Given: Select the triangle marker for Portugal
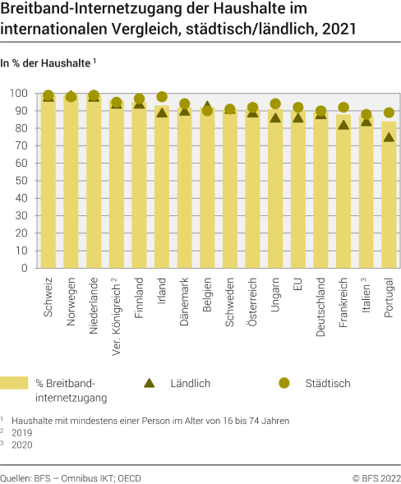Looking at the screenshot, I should click(389, 137).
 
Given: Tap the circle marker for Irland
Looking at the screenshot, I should click(162, 97).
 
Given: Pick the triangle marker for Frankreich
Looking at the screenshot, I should click(343, 124).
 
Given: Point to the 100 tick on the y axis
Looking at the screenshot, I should click(18, 93).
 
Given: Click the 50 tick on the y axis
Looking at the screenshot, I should click(21, 181).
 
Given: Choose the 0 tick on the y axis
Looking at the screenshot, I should click(25, 268).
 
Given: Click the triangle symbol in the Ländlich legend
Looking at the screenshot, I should click(150, 383).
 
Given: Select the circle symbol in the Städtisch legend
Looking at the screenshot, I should click(284, 383).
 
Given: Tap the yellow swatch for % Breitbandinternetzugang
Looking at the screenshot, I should click(14, 383).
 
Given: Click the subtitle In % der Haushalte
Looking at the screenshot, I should click(47, 62).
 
